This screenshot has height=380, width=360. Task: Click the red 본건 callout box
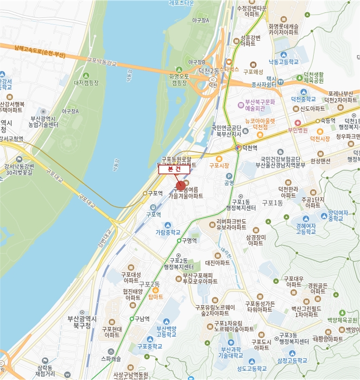pos(174,169)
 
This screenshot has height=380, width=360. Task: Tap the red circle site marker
pos(181,186)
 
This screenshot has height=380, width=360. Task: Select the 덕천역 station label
pos(249,148)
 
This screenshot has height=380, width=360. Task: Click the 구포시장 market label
pos(219,166)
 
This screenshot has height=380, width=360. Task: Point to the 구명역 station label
pos(190,240)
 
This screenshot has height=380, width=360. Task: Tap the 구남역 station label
pos(142,319)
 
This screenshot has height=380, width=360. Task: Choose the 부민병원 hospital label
pos(298,130)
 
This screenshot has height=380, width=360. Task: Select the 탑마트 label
pos(155,297)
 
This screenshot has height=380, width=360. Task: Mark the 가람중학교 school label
pos(167,231)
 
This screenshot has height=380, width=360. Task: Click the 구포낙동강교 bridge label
pos(98,64)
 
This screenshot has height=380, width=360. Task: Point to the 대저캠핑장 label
pos(86,83)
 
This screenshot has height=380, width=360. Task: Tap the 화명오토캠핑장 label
pos(179,80)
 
